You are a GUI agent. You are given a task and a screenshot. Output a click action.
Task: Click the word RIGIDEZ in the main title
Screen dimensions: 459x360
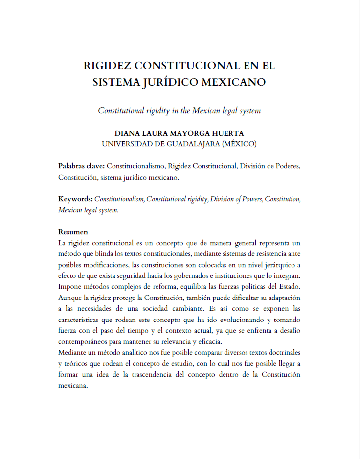(106, 66)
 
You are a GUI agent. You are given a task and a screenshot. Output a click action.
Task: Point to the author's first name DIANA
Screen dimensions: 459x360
(127, 133)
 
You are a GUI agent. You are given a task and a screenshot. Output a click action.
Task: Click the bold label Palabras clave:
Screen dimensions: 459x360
(81, 166)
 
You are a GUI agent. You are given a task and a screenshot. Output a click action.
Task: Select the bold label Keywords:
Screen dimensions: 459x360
(75, 199)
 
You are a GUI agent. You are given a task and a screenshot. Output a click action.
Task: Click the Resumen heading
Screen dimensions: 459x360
(73, 232)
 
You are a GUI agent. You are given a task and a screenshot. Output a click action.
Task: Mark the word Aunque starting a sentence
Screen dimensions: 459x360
(70, 298)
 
